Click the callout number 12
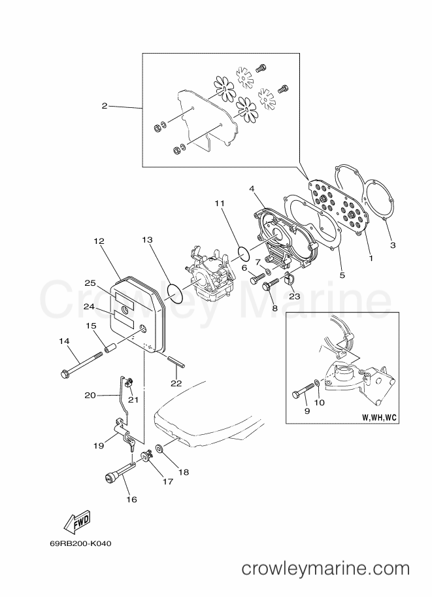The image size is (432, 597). pyautogui.click(x=99, y=241)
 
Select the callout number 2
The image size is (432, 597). pyautogui.click(x=105, y=106)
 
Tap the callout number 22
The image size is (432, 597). pyautogui.click(x=176, y=383)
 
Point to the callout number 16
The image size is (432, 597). pyautogui.click(x=132, y=499)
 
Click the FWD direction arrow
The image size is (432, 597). pyautogui.click(x=77, y=521)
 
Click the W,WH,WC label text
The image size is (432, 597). pyautogui.click(x=378, y=418)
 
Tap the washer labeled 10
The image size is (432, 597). pyautogui.click(x=317, y=382)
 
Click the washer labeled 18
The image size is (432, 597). pyautogui.click(x=159, y=449)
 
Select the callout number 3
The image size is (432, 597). pyautogui.click(x=393, y=245)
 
